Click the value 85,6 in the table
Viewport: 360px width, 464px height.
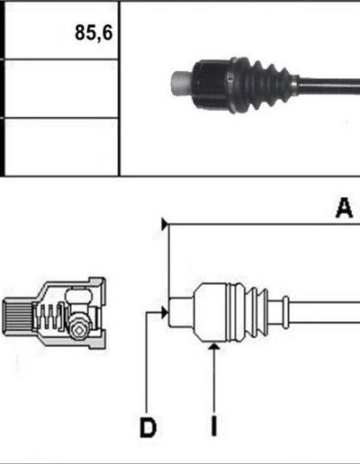pos(94,32)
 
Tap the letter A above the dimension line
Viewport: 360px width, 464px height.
pos(344,208)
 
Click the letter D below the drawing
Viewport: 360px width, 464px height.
pos(148,427)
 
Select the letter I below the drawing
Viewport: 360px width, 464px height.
pos(213,426)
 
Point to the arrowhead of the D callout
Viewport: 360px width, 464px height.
pos(165,313)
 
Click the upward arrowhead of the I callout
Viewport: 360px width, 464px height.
pos(214,346)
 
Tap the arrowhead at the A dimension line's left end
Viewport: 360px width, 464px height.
pos(165,224)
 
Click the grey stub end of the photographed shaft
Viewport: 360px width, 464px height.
pos(181,84)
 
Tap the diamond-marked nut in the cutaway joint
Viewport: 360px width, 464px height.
pos(78,330)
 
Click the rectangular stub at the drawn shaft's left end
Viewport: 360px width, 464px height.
pos(181,313)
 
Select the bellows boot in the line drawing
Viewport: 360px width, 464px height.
pos(248,312)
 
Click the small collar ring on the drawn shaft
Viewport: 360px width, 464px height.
pos(285,312)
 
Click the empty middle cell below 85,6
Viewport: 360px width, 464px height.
pos(61,88)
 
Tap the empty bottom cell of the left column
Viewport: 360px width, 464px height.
pos(61,147)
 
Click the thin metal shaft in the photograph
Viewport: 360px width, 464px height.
pos(329,86)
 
